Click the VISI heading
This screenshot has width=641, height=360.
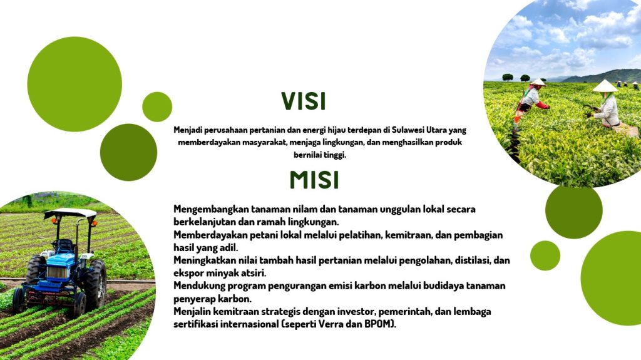304,101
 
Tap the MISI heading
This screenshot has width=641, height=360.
314,180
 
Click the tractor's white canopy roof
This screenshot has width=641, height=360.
70,213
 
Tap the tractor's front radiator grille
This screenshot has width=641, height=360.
57,272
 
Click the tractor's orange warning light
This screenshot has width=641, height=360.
95,224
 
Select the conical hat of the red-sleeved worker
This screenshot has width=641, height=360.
538,82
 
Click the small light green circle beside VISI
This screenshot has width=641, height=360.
157,107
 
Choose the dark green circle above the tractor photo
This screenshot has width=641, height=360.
128,152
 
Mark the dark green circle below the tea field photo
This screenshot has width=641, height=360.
573,210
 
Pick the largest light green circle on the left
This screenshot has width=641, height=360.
74,85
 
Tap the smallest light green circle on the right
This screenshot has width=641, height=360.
545,255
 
